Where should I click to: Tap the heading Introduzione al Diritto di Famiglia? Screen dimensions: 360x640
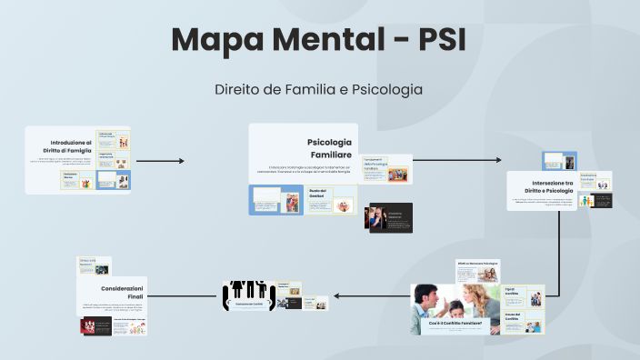click(71, 146)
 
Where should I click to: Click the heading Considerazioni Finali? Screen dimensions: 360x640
click(123, 293)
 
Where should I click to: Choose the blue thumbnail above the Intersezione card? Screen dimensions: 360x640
click(559, 161)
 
